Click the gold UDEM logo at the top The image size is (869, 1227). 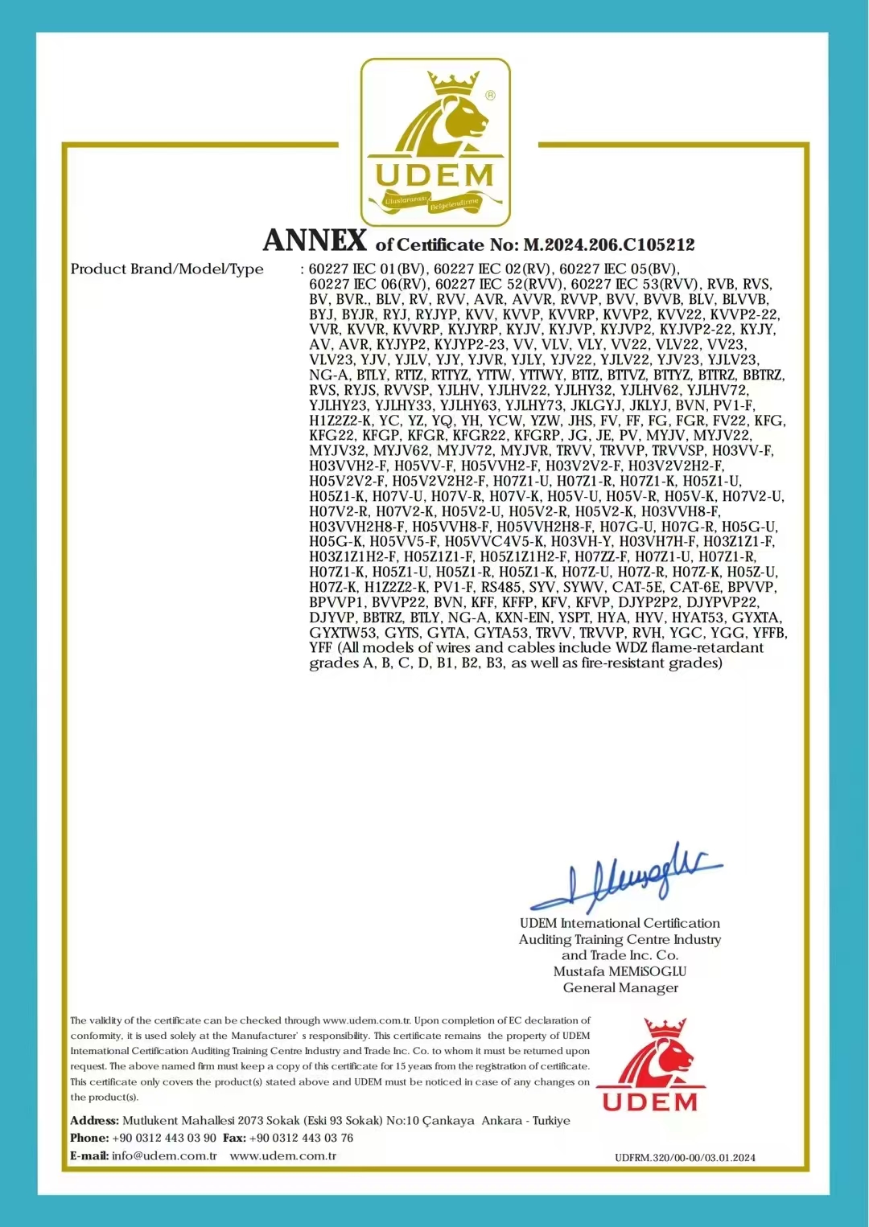pyautogui.click(x=434, y=142)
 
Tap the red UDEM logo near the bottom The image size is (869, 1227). pyautogui.click(x=650, y=1066)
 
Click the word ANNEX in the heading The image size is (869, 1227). pyautogui.click(x=315, y=240)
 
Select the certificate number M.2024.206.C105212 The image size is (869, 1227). pyautogui.click(x=609, y=244)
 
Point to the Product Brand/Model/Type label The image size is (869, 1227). pyautogui.click(x=167, y=269)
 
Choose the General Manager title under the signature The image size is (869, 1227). pyautogui.click(x=620, y=988)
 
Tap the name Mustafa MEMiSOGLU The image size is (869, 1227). pyautogui.click(x=620, y=971)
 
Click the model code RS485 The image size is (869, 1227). pyautogui.click(x=501, y=587)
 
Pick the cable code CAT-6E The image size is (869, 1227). pyautogui.click(x=694, y=587)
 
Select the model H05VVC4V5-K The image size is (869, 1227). pyautogui.click(x=494, y=542)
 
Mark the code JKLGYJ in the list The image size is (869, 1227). pyautogui.click(x=596, y=405)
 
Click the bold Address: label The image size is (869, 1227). pyautogui.click(x=94, y=1121)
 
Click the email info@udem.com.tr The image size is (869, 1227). pyautogui.click(x=164, y=1156)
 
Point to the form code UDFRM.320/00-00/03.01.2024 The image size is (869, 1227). pyautogui.click(x=685, y=1158)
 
